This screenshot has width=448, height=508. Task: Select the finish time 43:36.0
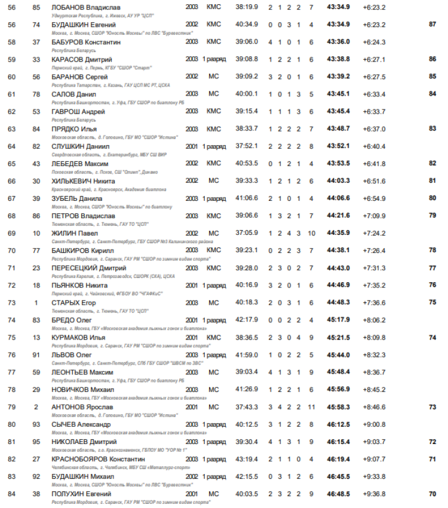[339, 42]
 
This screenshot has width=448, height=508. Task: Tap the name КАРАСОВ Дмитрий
[81, 59]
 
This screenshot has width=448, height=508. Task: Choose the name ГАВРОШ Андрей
[78, 112]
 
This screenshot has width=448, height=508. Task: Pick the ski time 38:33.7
[247, 128]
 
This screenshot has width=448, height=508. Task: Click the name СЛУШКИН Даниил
[80, 146]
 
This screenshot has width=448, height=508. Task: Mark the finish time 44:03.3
[339, 181]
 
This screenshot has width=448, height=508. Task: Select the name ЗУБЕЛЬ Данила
[76, 198]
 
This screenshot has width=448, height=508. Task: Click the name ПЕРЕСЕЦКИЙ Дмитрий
[87, 268]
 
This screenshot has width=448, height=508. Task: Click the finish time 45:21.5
[339, 338]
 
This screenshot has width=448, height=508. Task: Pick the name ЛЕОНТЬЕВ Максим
[82, 372]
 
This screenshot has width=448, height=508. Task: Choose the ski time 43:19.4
[247, 459]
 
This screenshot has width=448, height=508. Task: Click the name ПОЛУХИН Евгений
[81, 494]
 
